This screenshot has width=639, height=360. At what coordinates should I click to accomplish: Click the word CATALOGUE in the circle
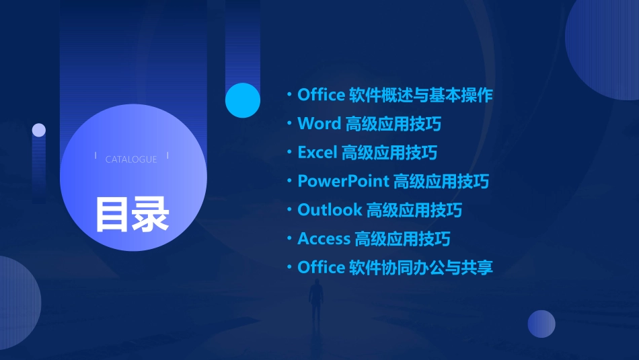tap(131, 159)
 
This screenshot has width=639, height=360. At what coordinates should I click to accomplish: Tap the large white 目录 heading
tap(132, 213)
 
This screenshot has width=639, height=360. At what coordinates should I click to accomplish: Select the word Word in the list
tap(319, 124)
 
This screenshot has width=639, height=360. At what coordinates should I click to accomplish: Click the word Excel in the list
tap(317, 153)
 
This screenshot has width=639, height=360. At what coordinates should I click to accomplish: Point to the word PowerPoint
tap(343, 181)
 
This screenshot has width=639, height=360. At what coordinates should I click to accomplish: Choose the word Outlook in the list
tap(330, 210)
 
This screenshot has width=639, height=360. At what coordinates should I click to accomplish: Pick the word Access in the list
tap(324, 239)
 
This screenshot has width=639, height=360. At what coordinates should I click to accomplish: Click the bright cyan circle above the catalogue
tap(243, 100)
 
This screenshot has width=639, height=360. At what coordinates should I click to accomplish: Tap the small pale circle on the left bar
tap(39, 130)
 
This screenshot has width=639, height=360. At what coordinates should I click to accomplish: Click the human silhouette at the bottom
tap(315, 303)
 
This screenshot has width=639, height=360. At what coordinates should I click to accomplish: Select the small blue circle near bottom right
tap(541, 324)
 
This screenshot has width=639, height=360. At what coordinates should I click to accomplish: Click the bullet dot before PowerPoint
tap(289, 181)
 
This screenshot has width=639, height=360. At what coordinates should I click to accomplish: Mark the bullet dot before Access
tap(289, 239)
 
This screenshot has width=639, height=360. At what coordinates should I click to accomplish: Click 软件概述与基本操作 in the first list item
tap(421, 95)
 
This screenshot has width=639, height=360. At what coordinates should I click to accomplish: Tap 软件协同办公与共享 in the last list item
tap(421, 268)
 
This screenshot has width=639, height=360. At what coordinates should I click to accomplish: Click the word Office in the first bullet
tap(321, 95)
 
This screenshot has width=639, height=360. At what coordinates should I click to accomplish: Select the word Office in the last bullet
tap(321, 268)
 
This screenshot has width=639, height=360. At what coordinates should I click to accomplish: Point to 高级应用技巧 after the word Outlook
tap(414, 210)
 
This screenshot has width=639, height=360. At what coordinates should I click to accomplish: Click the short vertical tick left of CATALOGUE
tap(96, 157)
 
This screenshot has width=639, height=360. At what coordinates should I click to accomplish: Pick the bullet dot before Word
tap(289, 124)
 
